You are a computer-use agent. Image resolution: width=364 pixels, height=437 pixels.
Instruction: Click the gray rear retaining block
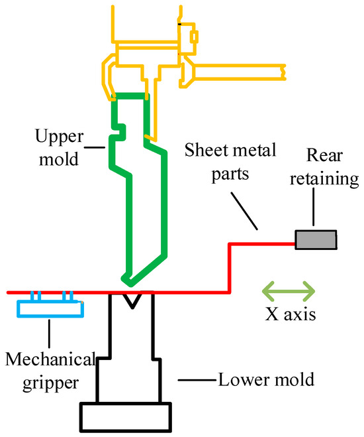(x=316, y=239)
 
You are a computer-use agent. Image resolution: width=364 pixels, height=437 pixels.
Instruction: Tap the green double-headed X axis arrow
(x=289, y=290)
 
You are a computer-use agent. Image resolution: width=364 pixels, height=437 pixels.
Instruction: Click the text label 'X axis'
(x=289, y=314)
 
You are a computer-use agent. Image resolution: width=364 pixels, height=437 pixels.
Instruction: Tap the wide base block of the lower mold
(x=126, y=416)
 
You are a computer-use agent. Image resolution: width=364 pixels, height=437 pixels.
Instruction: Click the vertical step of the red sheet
(x=229, y=268)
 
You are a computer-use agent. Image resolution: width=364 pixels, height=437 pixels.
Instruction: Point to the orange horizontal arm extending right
(x=238, y=70)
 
